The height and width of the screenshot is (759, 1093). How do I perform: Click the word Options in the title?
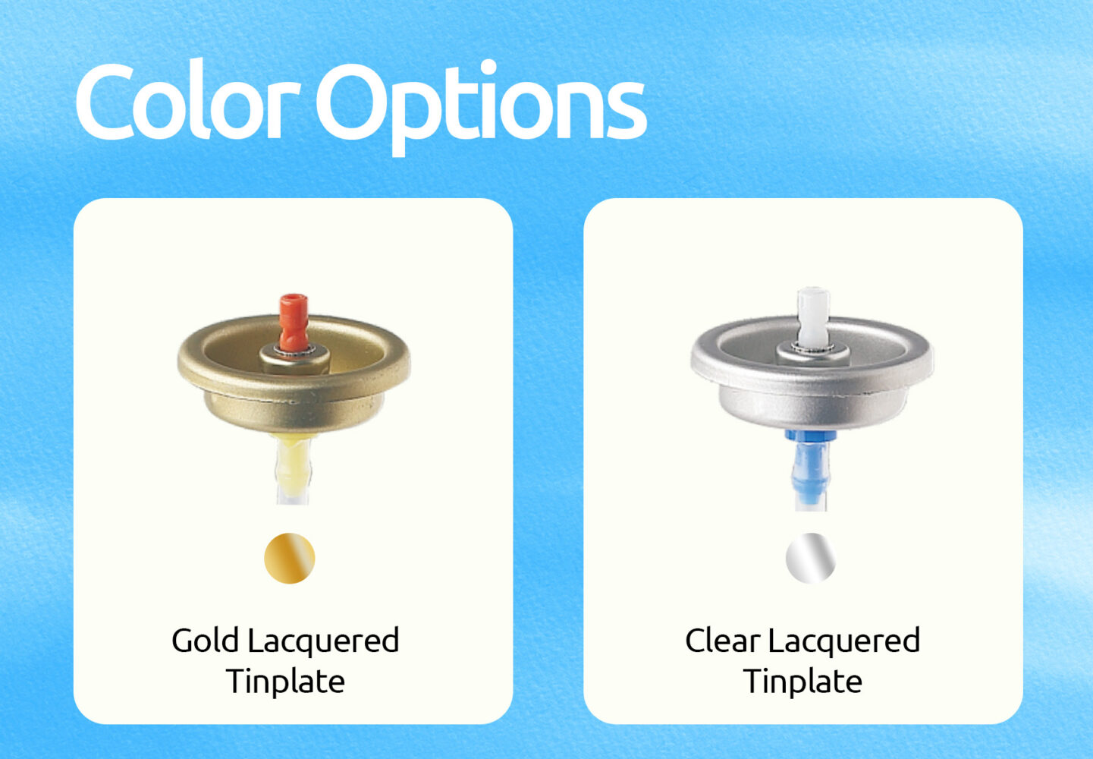click(482, 108)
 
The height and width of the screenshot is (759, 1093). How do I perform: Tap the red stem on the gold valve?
click(293, 323)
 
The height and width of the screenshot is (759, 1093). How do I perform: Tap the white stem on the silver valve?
click(813, 317)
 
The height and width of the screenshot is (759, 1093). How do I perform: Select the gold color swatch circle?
click(289, 559)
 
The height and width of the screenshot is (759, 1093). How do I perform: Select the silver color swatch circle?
click(811, 559)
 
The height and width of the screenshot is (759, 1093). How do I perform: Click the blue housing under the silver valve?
click(810, 464)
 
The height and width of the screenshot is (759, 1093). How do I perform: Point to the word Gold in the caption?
click(206, 641)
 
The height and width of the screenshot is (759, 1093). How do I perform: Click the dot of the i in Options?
click(488, 67)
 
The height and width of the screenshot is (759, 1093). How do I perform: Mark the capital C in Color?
click(105, 101)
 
